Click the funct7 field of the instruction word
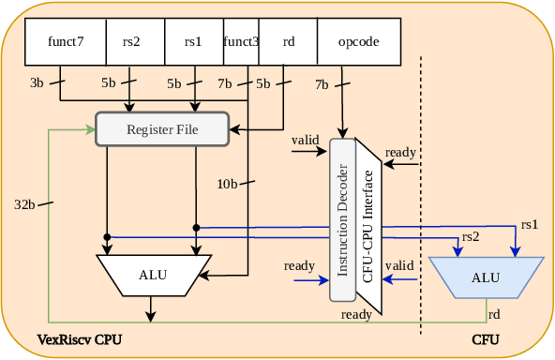coord(66,41)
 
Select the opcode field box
coord(359,41)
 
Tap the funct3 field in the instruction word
coord(241,41)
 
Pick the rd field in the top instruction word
coord(287,41)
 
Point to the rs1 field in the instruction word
coord(192,41)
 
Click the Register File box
coord(163,128)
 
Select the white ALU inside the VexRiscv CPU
coord(154,275)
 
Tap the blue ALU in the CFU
coord(485,277)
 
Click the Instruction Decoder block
coord(343,219)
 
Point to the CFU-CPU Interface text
coord(368,226)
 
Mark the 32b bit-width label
coord(25,203)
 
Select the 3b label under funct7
coord(37,83)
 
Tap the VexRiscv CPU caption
coord(79,338)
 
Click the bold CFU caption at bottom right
coord(485,338)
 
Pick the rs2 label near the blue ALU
coord(471,236)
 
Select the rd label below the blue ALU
coord(494,313)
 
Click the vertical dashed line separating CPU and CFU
coord(421,187)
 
